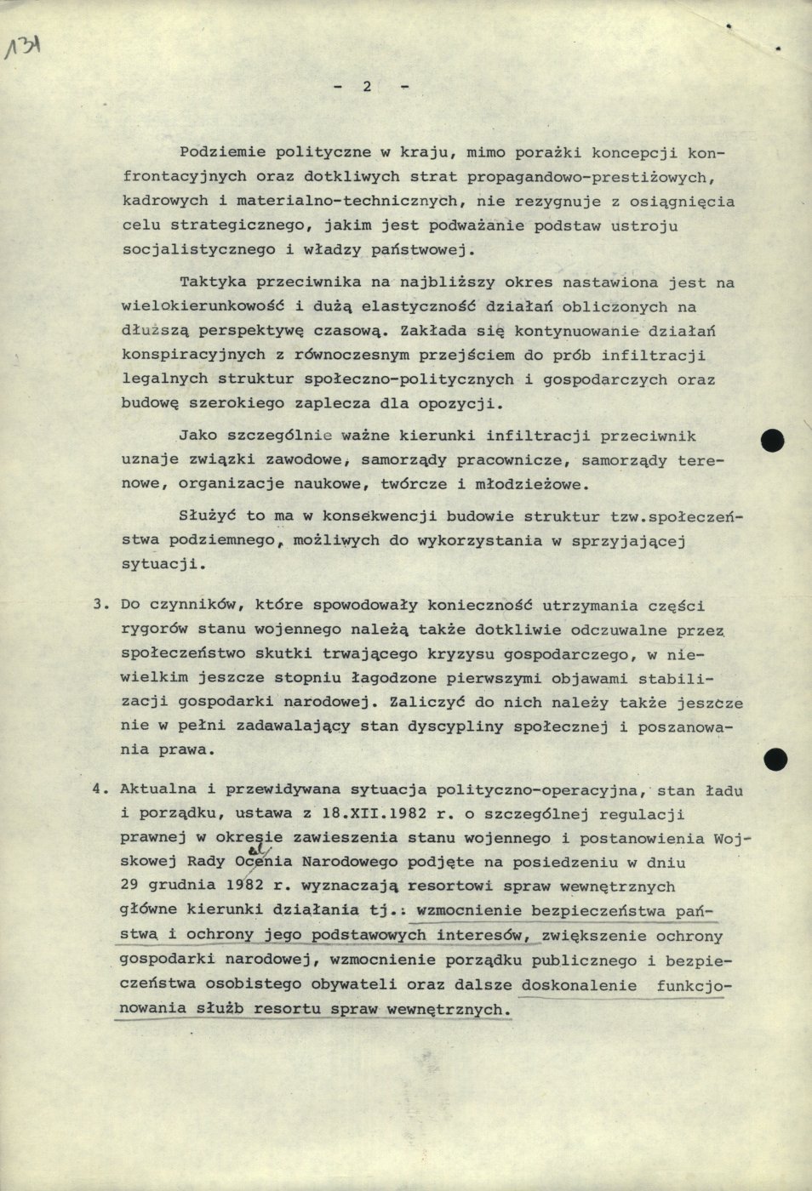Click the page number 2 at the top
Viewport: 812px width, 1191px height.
[x=367, y=86]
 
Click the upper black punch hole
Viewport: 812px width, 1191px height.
[x=772, y=441]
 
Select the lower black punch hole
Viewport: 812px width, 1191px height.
[x=775, y=758]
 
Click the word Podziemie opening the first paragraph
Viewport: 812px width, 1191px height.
[x=215, y=153]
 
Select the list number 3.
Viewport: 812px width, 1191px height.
[x=99, y=606]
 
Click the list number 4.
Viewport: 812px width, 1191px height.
[x=99, y=789]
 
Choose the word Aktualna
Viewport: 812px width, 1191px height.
[x=156, y=789]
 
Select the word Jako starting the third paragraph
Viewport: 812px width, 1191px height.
[x=197, y=436]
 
